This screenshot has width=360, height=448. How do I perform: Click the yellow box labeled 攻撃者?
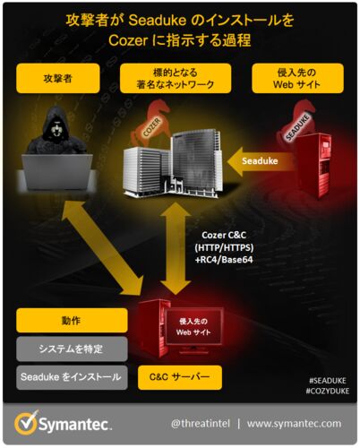pyautogui.click(x=58, y=78)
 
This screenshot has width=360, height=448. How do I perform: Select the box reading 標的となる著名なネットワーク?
pyautogui.click(x=176, y=78)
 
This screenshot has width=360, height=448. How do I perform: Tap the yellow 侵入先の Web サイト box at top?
pyautogui.click(x=297, y=78)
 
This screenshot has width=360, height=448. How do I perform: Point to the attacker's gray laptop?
pyautogui.click(x=56, y=173)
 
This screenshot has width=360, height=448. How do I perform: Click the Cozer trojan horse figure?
pyautogui.click(x=150, y=123)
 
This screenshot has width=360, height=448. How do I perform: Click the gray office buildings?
pyautogui.click(x=174, y=165)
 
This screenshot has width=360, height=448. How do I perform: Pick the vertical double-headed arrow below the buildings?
pyautogui.click(x=176, y=248)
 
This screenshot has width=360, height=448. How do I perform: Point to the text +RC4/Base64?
pyautogui.click(x=224, y=260)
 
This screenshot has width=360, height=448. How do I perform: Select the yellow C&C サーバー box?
pyautogui.click(x=180, y=377)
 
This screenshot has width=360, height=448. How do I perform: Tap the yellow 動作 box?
pyautogui.click(x=72, y=321)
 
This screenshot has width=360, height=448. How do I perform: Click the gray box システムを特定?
pyautogui.click(x=72, y=349)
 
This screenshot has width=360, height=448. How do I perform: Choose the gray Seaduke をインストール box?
pyautogui.click(x=72, y=377)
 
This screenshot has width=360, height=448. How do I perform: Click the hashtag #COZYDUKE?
pyautogui.click(x=328, y=391)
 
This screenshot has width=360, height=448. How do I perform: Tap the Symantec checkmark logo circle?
pyautogui.click(x=26, y=424)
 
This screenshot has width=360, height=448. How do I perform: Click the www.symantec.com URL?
pyautogui.click(x=294, y=424)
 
